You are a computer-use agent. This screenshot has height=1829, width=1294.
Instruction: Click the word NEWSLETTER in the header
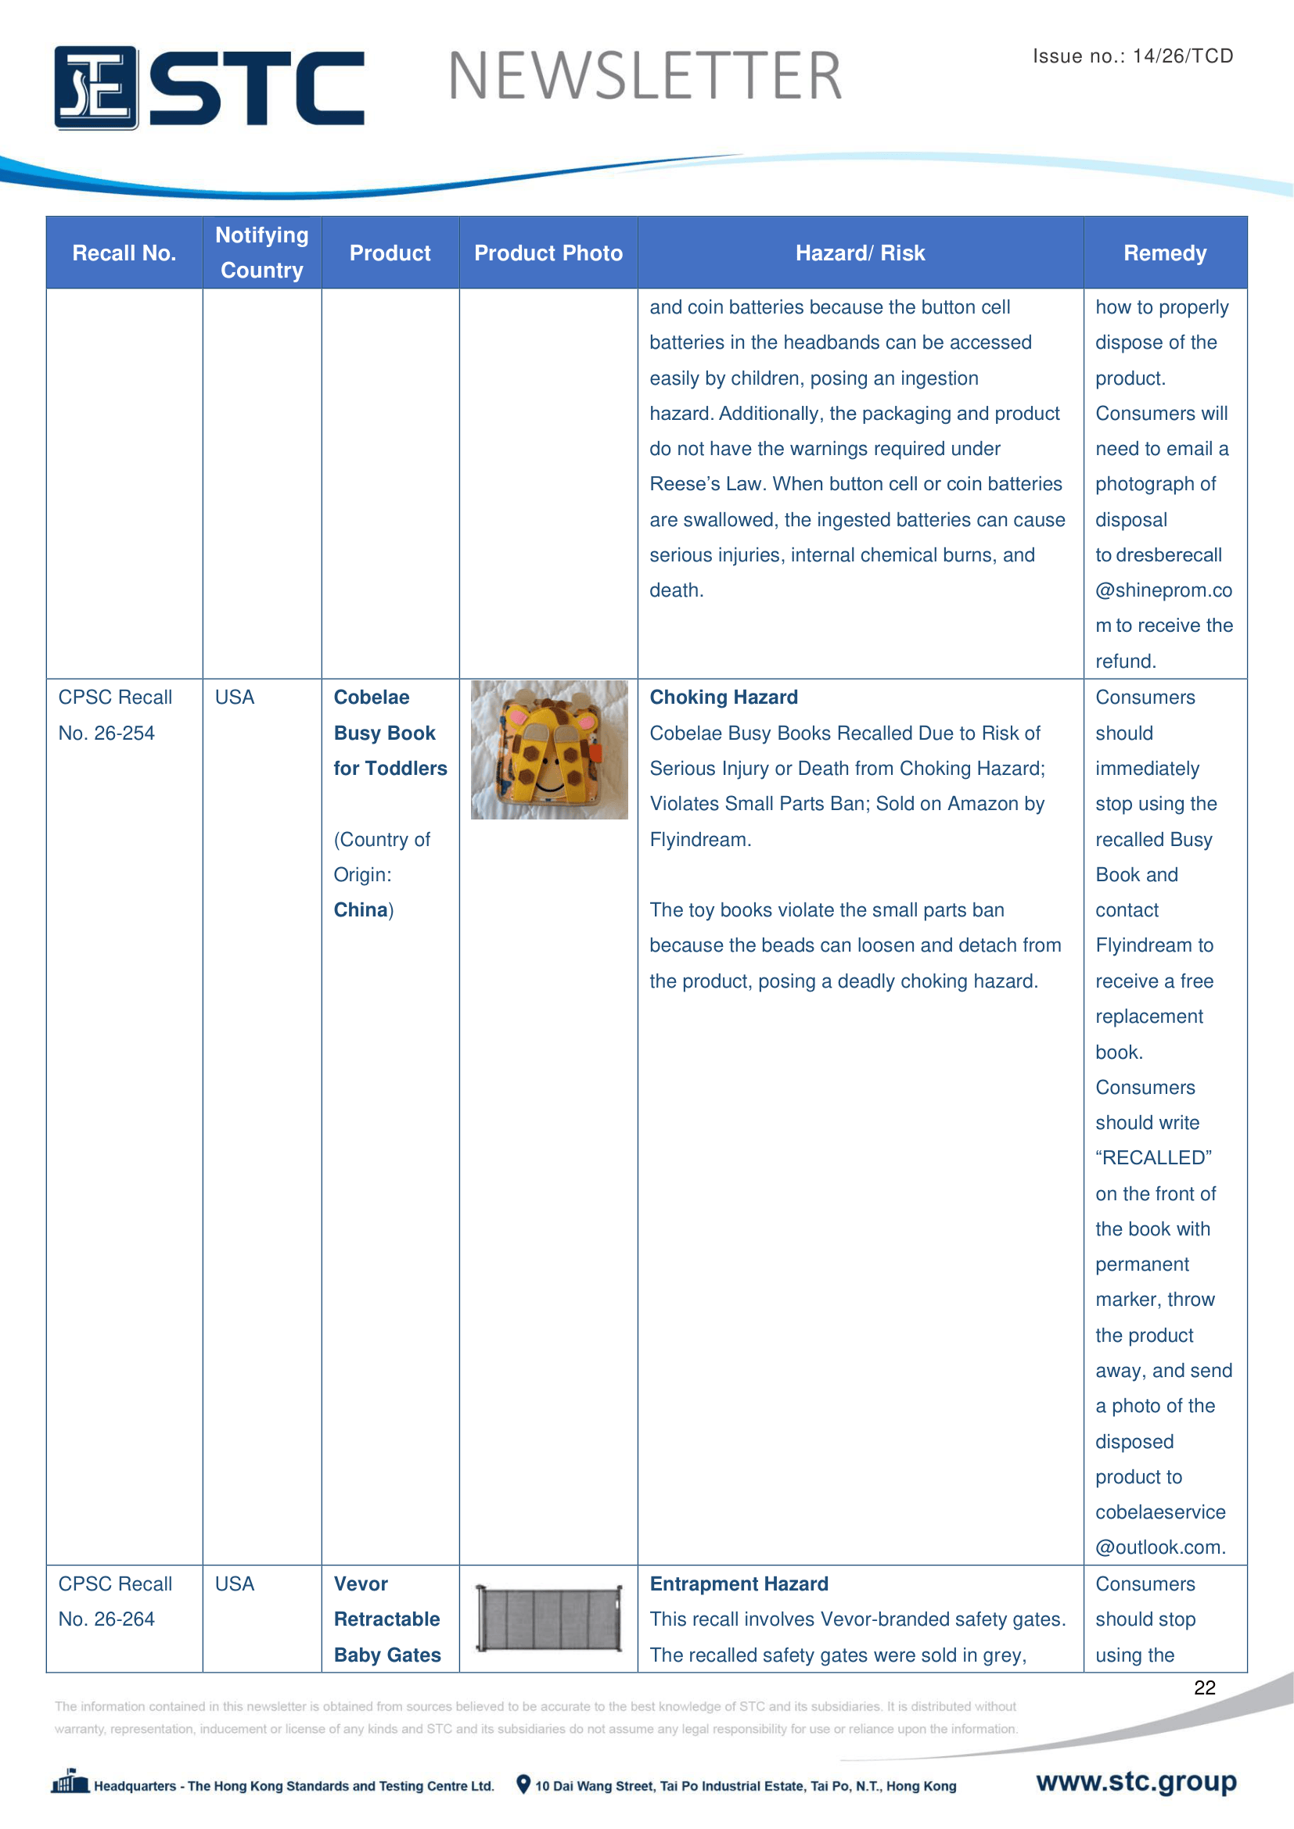pyautogui.click(x=645, y=77)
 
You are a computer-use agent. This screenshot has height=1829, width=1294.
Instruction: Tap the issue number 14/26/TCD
pyautogui.click(x=1182, y=56)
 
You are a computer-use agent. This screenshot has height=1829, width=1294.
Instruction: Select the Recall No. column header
pyautogui.click(x=124, y=253)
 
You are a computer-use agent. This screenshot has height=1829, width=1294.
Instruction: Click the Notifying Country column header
pyautogui.click(x=262, y=253)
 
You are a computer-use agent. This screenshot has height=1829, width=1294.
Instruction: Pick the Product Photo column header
pyautogui.click(x=548, y=253)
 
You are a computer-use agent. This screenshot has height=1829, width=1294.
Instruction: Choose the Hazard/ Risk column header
pyautogui.click(x=860, y=253)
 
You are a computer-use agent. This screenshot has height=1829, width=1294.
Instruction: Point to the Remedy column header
pyautogui.click(x=1164, y=253)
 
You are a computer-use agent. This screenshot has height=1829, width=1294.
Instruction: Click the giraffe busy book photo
pyautogui.click(x=549, y=750)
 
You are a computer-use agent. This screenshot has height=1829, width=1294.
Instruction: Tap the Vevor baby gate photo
pyautogui.click(x=549, y=1618)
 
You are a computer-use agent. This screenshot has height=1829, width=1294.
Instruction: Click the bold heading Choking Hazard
pyautogui.click(x=724, y=697)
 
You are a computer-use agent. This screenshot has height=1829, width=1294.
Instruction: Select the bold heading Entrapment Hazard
pyautogui.click(x=739, y=1583)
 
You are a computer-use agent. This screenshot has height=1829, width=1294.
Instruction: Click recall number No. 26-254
pyautogui.click(x=106, y=733)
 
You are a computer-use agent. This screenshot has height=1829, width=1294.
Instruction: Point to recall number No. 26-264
pyautogui.click(x=106, y=1619)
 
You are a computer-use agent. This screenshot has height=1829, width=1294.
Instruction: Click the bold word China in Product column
pyautogui.click(x=361, y=909)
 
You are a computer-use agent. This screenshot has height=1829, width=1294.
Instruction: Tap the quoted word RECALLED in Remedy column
pyautogui.click(x=1153, y=1157)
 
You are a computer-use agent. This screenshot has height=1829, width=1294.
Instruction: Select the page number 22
pyautogui.click(x=1204, y=1687)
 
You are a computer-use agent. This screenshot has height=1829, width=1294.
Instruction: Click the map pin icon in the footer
pyautogui.click(x=523, y=1784)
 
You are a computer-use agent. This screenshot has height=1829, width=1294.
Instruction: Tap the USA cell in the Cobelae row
pyautogui.click(x=235, y=697)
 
